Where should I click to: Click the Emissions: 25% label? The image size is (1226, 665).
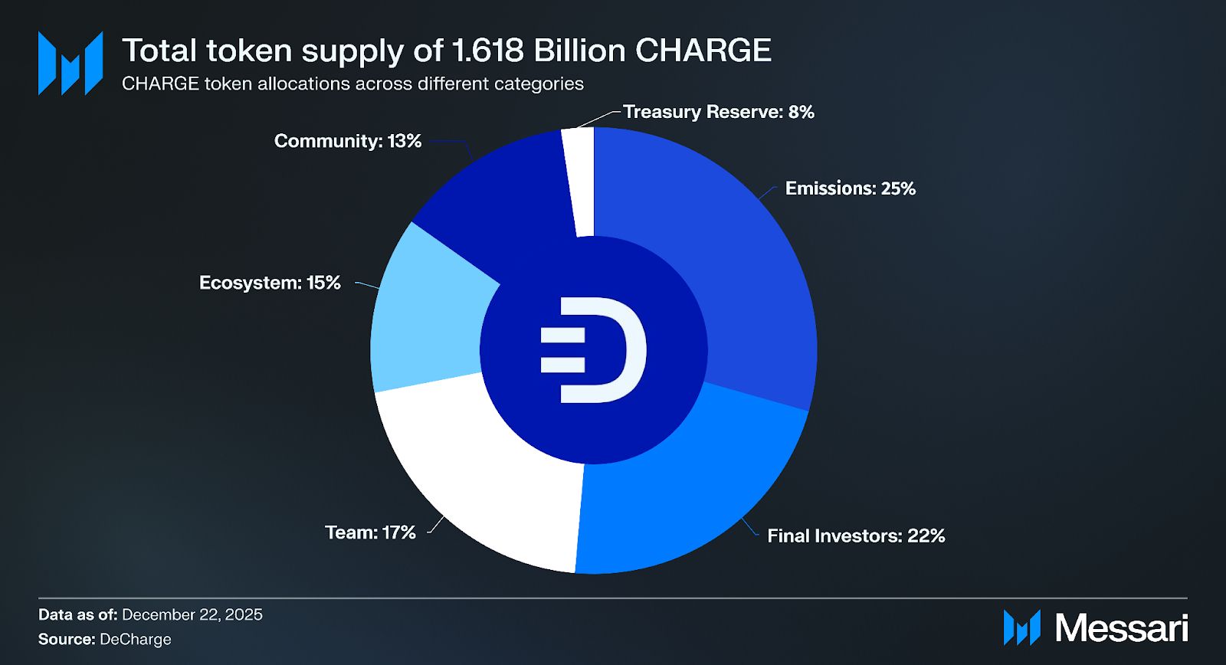pyautogui.click(x=850, y=188)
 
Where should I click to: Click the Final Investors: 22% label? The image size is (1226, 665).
pyautogui.click(x=856, y=536)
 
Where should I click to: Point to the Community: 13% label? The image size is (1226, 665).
pyautogui.click(x=348, y=141)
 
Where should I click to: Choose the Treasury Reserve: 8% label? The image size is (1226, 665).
pyautogui.click(x=718, y=112)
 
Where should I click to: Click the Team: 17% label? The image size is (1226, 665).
pyautogui.click(x=370, y=532)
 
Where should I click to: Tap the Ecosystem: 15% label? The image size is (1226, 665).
pyautogui.click(x=270, y=283)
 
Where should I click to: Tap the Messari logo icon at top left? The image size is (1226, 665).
pyautogui.click(x=70, y=63)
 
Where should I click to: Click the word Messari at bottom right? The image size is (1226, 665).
pyautogui.click(x=1121, y=628)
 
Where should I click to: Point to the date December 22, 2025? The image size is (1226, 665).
pyautogui.click(x=192, y=614)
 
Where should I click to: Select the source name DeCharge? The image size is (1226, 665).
pyautogui.click(x=136, y=639)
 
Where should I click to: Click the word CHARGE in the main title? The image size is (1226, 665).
pyautogui.click(x=703, y=51)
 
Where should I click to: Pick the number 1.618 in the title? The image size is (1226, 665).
pyautogui.click(x=487, y=51)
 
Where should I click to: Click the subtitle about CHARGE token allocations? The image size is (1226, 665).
pyautogui.click(x=352, y=84)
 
